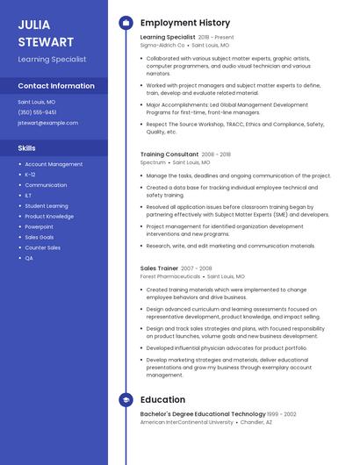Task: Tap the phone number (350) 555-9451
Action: [37, 112]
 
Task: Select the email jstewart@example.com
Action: [47, 123]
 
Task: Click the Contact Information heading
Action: [56, 86]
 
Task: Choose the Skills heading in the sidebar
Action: [27, 148]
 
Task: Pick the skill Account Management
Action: [54, 164]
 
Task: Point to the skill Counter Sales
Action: [42, 247]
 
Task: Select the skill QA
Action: [29, 258]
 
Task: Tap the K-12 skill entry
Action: [31, 175]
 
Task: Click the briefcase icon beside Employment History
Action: [126, 23]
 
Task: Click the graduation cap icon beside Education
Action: [126, 400]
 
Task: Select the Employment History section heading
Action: [184, 23]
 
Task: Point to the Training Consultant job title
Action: [169, 154]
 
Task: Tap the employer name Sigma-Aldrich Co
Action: [162, 45]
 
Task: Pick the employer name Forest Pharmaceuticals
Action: [170, 276]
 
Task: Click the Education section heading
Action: [162, 400]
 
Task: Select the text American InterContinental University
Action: [186, 422]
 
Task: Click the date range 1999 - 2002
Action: [282, 414]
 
